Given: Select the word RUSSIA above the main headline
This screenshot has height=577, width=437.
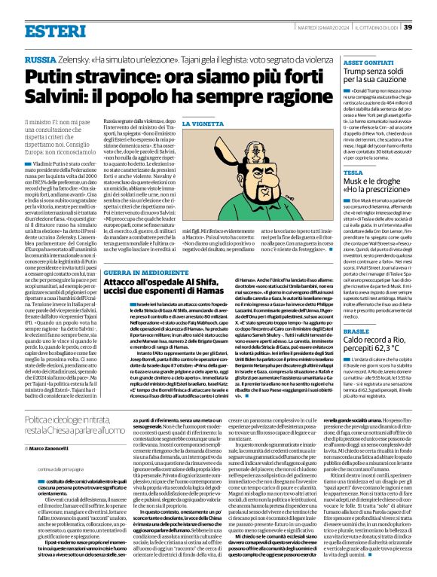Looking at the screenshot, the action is point(40,59).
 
